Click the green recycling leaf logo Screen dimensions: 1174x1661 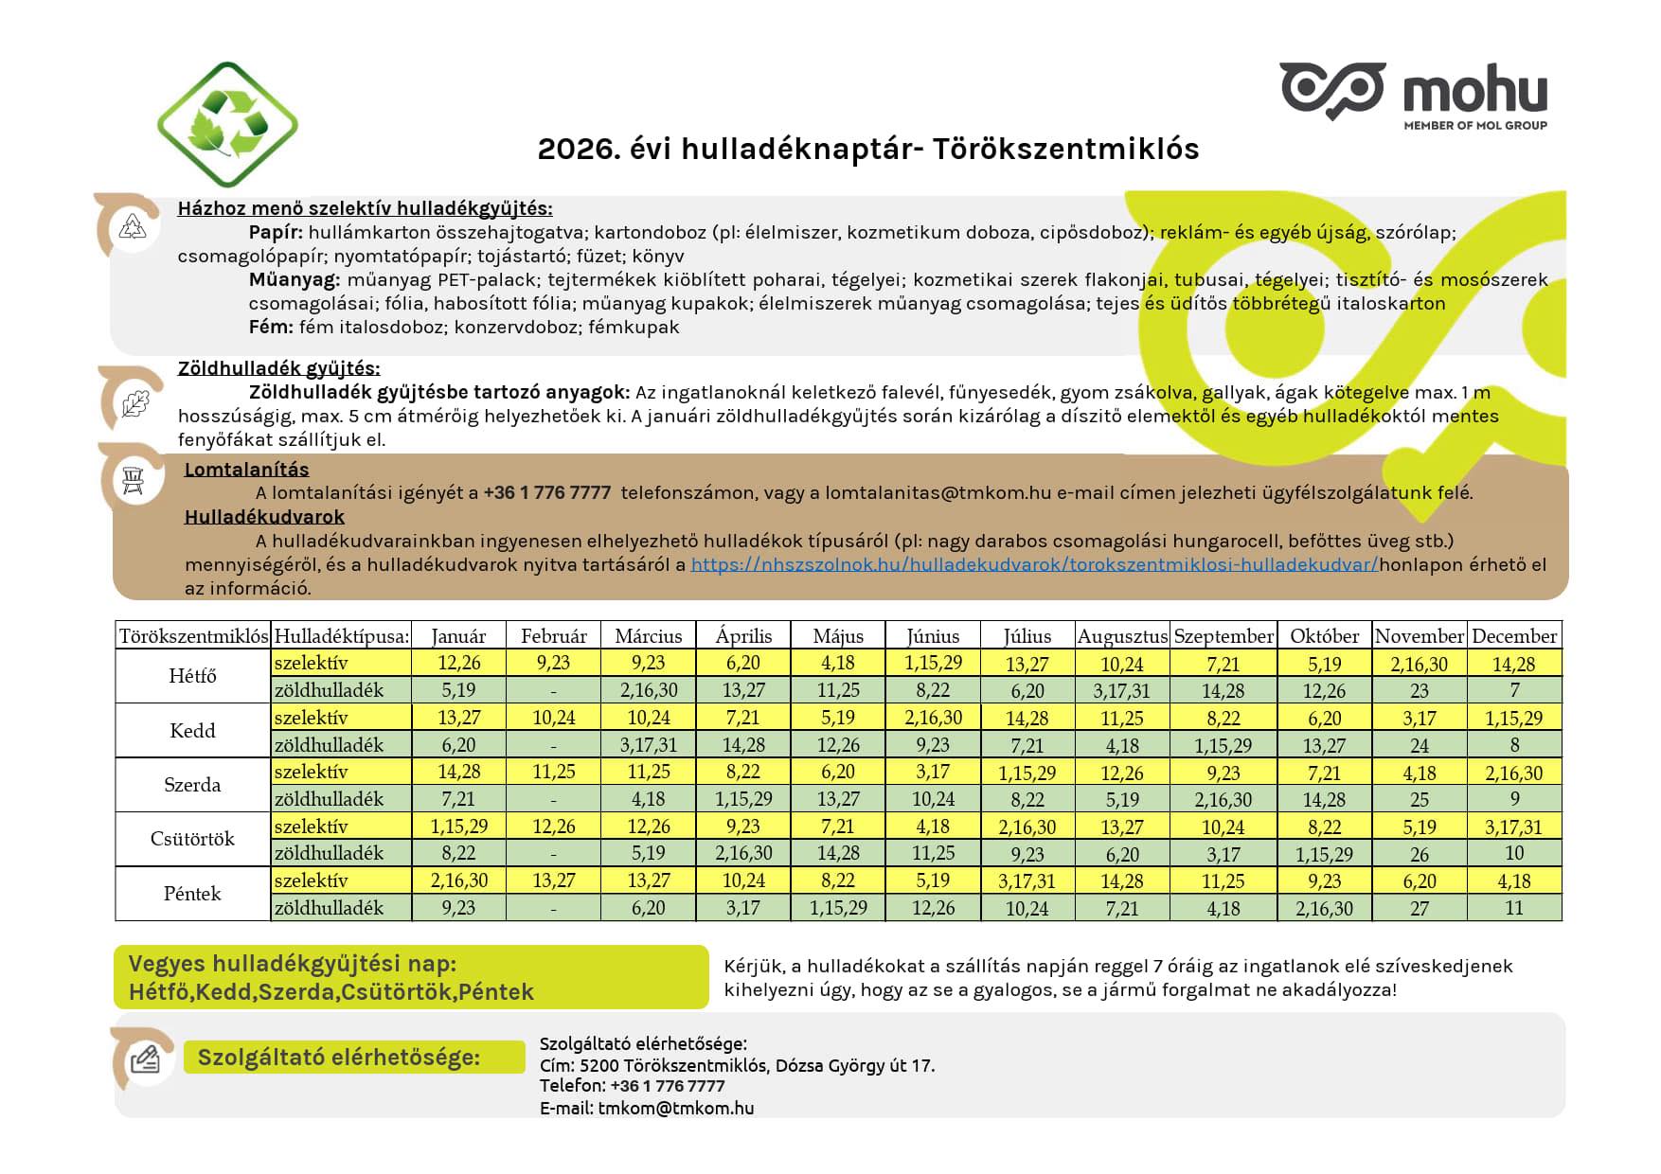click(x=227, y=124)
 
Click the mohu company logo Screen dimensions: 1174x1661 click(x=1413, y=94)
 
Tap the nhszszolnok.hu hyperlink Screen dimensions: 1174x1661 click(x=1033, y=565)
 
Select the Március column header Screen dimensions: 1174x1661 click(x=648, y=636)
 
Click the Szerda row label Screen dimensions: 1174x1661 click(x=192, y=785)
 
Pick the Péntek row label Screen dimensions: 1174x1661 click(x=192, y=894)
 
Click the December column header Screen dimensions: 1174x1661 click(x=1513, y=636)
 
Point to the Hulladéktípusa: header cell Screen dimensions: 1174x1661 click(x=341, y=636)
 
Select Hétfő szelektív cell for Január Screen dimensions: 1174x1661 click(x=458, y=663)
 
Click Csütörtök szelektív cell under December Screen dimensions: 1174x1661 click(x=1513, y=827)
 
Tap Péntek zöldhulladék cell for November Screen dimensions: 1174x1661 click(x=1419, y=908)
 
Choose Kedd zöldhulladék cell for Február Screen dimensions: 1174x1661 click(x=553, y=745)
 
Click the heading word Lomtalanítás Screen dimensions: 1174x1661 click(x=246, y=470)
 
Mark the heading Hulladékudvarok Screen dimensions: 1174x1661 click(x=264, y=517)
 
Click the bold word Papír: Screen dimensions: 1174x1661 click(x=276, y=233)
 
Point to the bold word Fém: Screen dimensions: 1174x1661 click(x=271, y=328)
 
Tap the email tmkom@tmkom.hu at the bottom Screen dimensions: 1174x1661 click(x=675, y=1108)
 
